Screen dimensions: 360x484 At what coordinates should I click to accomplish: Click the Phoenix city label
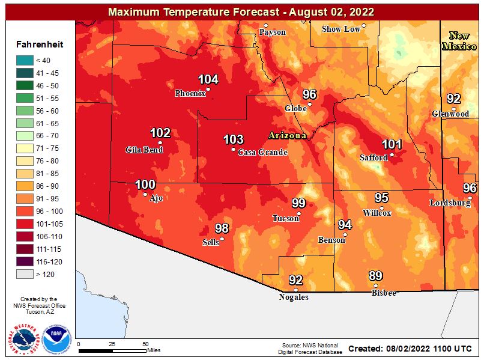tap(189, 94)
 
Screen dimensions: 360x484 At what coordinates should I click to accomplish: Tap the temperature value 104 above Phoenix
tap(208, 79)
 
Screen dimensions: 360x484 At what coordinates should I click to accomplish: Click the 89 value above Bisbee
tap(375, 276)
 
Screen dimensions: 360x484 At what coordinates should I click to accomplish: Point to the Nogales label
tap(294, 297)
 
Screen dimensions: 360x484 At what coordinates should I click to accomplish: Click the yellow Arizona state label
tap(288, 136)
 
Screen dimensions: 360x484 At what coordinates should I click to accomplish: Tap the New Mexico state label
tap(459, 40)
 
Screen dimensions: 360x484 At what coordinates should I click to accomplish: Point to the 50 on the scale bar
tap(146, 344)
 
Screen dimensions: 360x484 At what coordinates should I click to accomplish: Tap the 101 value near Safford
tap(392, 144)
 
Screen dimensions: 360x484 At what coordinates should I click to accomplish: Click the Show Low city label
tap(340, 29)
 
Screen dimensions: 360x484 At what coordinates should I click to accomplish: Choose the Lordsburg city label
tap(450, 203)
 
